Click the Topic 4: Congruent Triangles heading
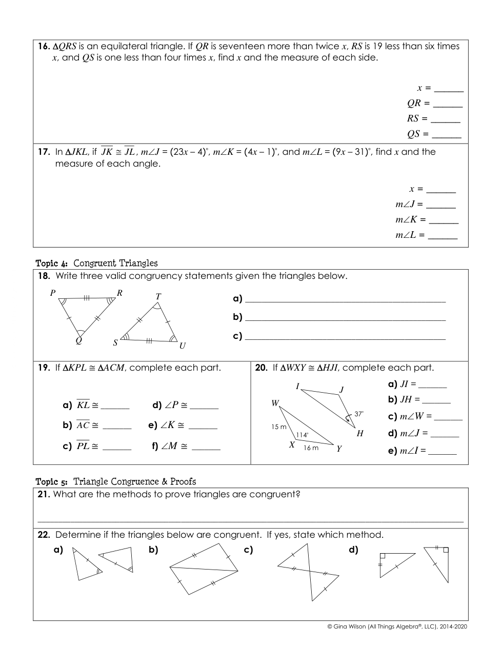point(96,263)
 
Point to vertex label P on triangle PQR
point(53,293)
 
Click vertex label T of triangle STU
point(158,296)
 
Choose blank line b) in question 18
point(345,318)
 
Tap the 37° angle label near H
point(359,414)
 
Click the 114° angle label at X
point(302,435)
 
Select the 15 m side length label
point(279,427)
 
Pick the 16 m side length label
point(311,448)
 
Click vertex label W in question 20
point(275,403)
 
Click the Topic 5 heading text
point(115,481)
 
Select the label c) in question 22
point(249,550)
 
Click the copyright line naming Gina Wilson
point(397,626)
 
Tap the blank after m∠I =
point(442,452)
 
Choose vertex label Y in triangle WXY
point(339,449)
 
